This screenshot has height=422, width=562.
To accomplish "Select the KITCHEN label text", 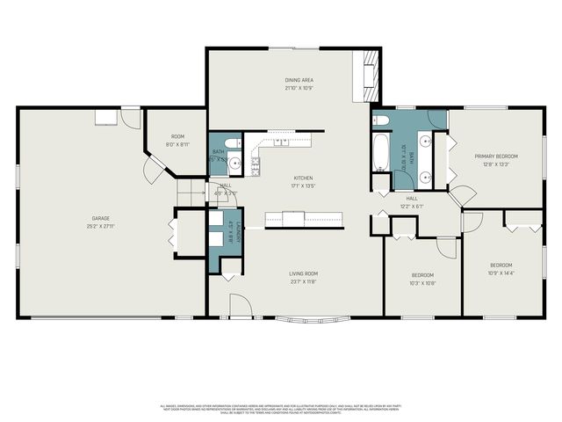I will (x=302, y=178).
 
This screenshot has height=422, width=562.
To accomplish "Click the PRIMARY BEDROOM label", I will (x=496, y=156).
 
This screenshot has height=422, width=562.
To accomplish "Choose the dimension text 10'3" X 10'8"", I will (x=422, y=283).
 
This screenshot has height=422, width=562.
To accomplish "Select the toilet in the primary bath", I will (x=380, y=120).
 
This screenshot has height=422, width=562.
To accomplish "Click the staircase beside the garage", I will (x=191, y=191).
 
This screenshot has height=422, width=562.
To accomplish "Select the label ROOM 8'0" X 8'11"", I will (x=177, y=141).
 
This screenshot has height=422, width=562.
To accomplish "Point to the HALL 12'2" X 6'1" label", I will (x=411, y=202).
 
